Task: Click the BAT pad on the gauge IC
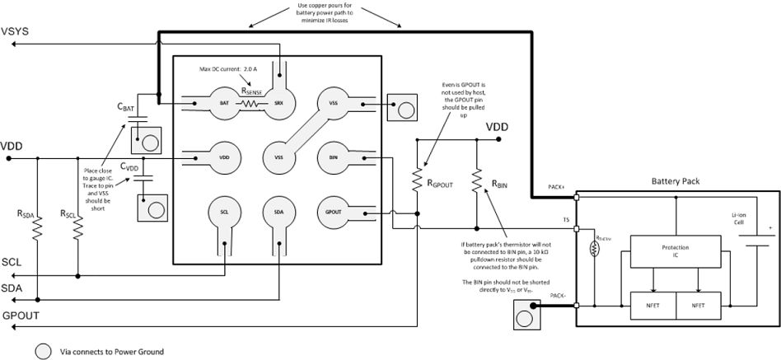(x=224, y=103)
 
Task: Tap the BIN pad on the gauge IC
(x=334, y=157)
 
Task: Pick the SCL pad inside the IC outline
(x=224, y=213)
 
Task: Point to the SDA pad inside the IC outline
(x=279, y=213)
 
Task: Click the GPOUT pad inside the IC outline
(x=334, y=213)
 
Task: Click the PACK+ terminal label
(x=556, y=188)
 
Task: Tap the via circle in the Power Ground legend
(x=44, y=351)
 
